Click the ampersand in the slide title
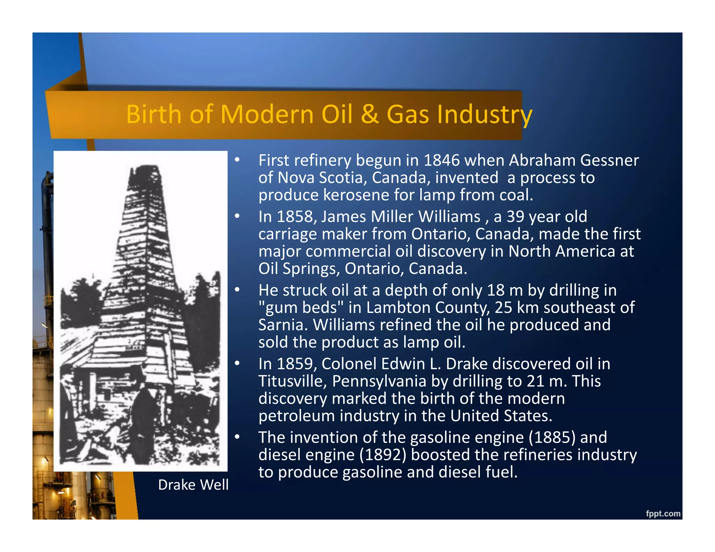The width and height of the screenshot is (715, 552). coord(370,114)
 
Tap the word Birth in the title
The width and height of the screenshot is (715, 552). coord(154,114)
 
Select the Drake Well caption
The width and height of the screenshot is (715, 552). coord(193,485)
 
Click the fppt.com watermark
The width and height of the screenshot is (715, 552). coord(663,513)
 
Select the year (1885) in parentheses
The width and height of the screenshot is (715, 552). coord(552,437)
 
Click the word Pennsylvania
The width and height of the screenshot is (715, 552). coord(379,381)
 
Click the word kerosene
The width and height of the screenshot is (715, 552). coord(356,195)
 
